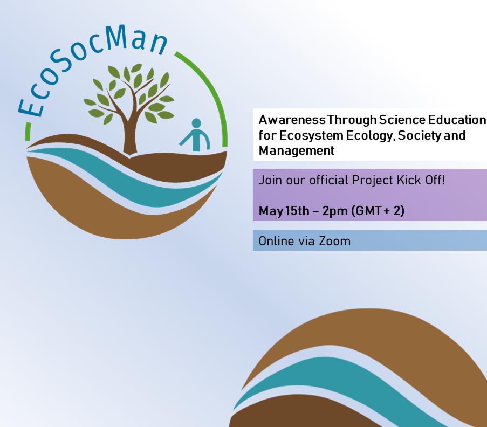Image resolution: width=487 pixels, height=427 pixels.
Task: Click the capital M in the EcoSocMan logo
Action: (116, 37)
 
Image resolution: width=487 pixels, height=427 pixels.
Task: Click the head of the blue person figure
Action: (196, 123)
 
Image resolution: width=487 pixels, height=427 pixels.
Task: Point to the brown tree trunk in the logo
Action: (129, 134)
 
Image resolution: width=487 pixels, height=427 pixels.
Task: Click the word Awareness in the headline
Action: (292, 120)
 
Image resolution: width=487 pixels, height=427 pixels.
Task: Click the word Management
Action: (296, 151)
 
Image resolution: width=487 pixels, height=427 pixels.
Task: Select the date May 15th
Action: (284, 211)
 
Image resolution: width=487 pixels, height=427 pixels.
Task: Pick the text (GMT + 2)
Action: (378, 211)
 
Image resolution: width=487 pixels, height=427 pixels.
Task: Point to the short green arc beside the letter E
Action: (28, 132)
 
